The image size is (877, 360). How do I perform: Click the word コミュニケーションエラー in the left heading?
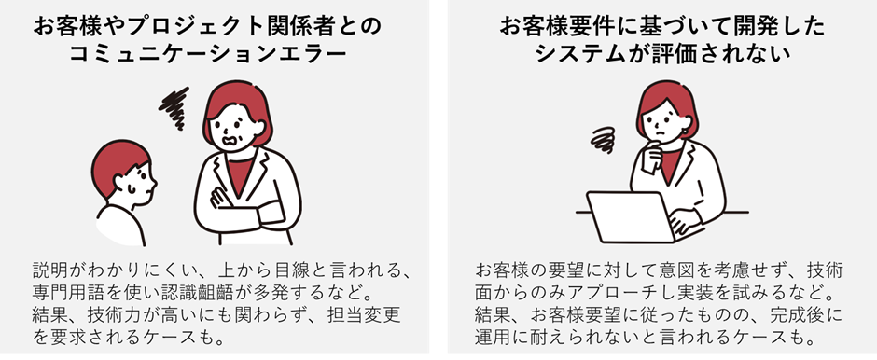click(x=208, y=55)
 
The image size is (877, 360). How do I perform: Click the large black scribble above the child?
click(x=174, y=107)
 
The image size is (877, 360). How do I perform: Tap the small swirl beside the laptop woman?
click(x=603, y=140)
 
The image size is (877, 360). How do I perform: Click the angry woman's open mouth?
click(x=231, y=140)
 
